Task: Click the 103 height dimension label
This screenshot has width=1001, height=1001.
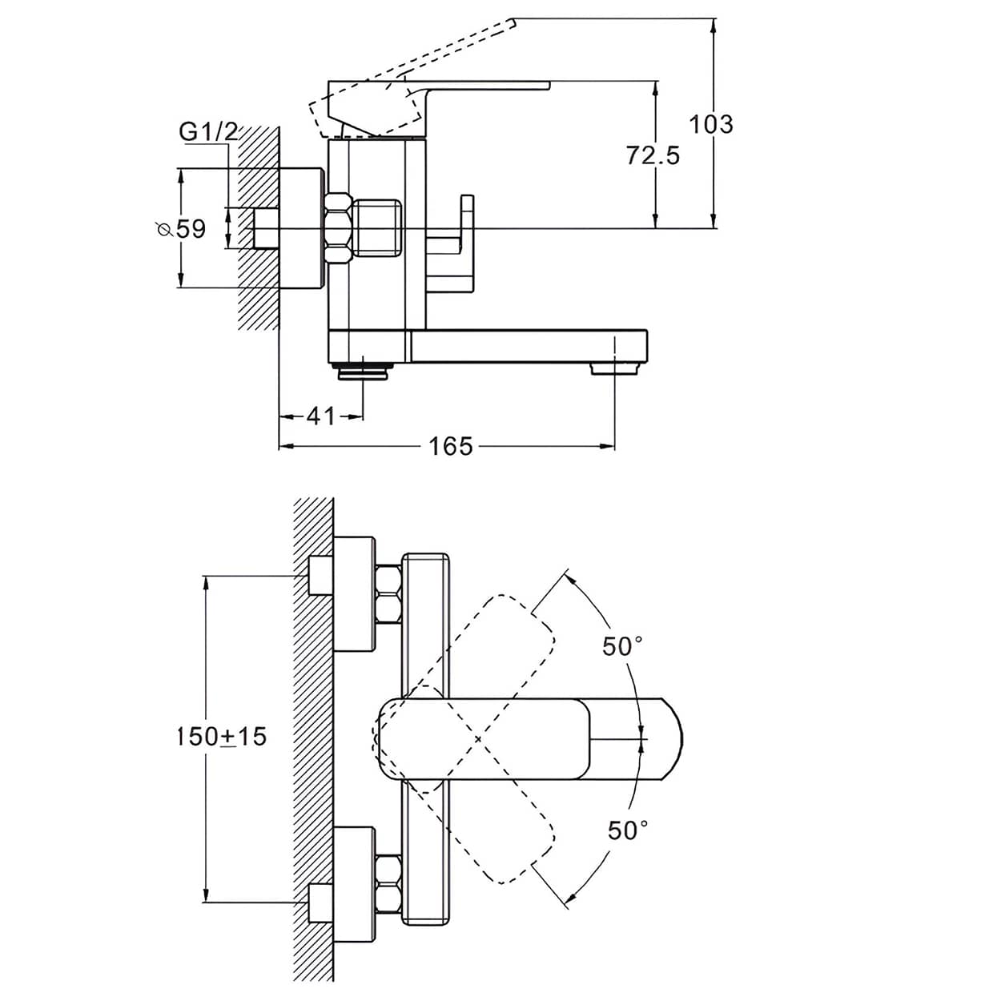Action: pos(711,124)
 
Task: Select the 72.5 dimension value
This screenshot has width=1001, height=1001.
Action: pos(653,155)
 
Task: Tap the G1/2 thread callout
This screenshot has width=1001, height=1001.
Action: pos(208,131)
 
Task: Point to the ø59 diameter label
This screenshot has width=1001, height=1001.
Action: pos(182,229)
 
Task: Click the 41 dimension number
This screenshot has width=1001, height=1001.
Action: pos(321,416)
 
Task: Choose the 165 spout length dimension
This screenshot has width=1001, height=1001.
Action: pos(451,446)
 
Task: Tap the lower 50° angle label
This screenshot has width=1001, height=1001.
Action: pos(628,830)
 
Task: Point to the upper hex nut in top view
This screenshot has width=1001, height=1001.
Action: pos(388,593)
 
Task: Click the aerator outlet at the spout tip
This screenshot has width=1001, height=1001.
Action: pos(615,369)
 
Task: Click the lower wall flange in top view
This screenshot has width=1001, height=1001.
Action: pos(353,884)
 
